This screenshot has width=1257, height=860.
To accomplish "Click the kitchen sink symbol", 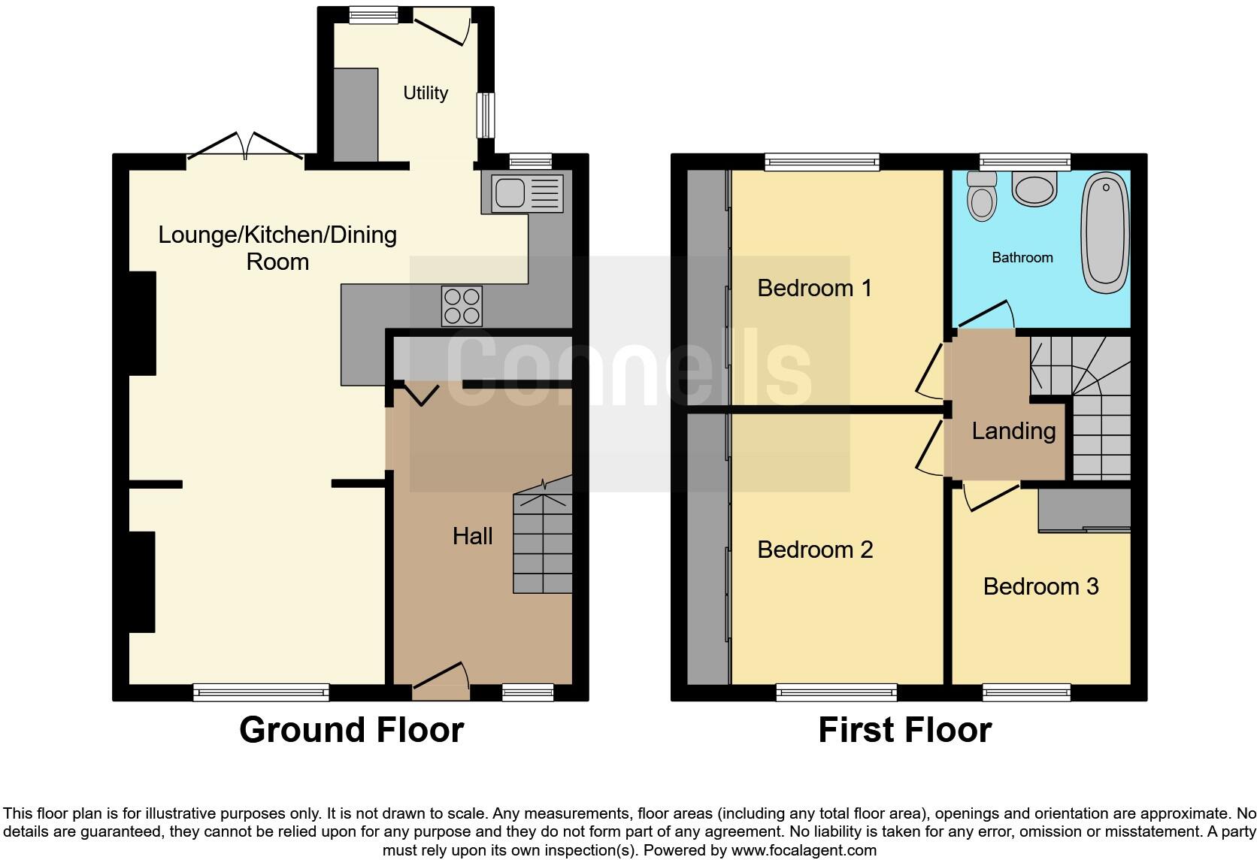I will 524,192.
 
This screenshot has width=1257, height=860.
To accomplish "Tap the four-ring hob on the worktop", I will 462,306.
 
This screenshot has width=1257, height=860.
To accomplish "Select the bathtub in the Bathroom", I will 1105,232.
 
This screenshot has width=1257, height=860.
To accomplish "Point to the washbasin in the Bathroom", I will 1034,188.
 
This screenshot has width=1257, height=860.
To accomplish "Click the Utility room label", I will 426,93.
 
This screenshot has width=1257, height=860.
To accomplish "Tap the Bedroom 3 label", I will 1040,586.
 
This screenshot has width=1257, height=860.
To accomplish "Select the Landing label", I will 1013,431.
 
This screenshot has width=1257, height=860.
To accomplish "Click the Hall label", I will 472,536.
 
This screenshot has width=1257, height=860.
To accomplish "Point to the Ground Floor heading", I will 351,730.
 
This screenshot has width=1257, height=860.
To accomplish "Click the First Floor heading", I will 904,730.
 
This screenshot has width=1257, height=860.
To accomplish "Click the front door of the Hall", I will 441,677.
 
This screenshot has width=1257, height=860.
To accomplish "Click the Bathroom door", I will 986,316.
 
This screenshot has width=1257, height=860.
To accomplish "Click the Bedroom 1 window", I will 822,161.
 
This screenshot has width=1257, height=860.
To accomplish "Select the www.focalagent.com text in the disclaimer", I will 804,851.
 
